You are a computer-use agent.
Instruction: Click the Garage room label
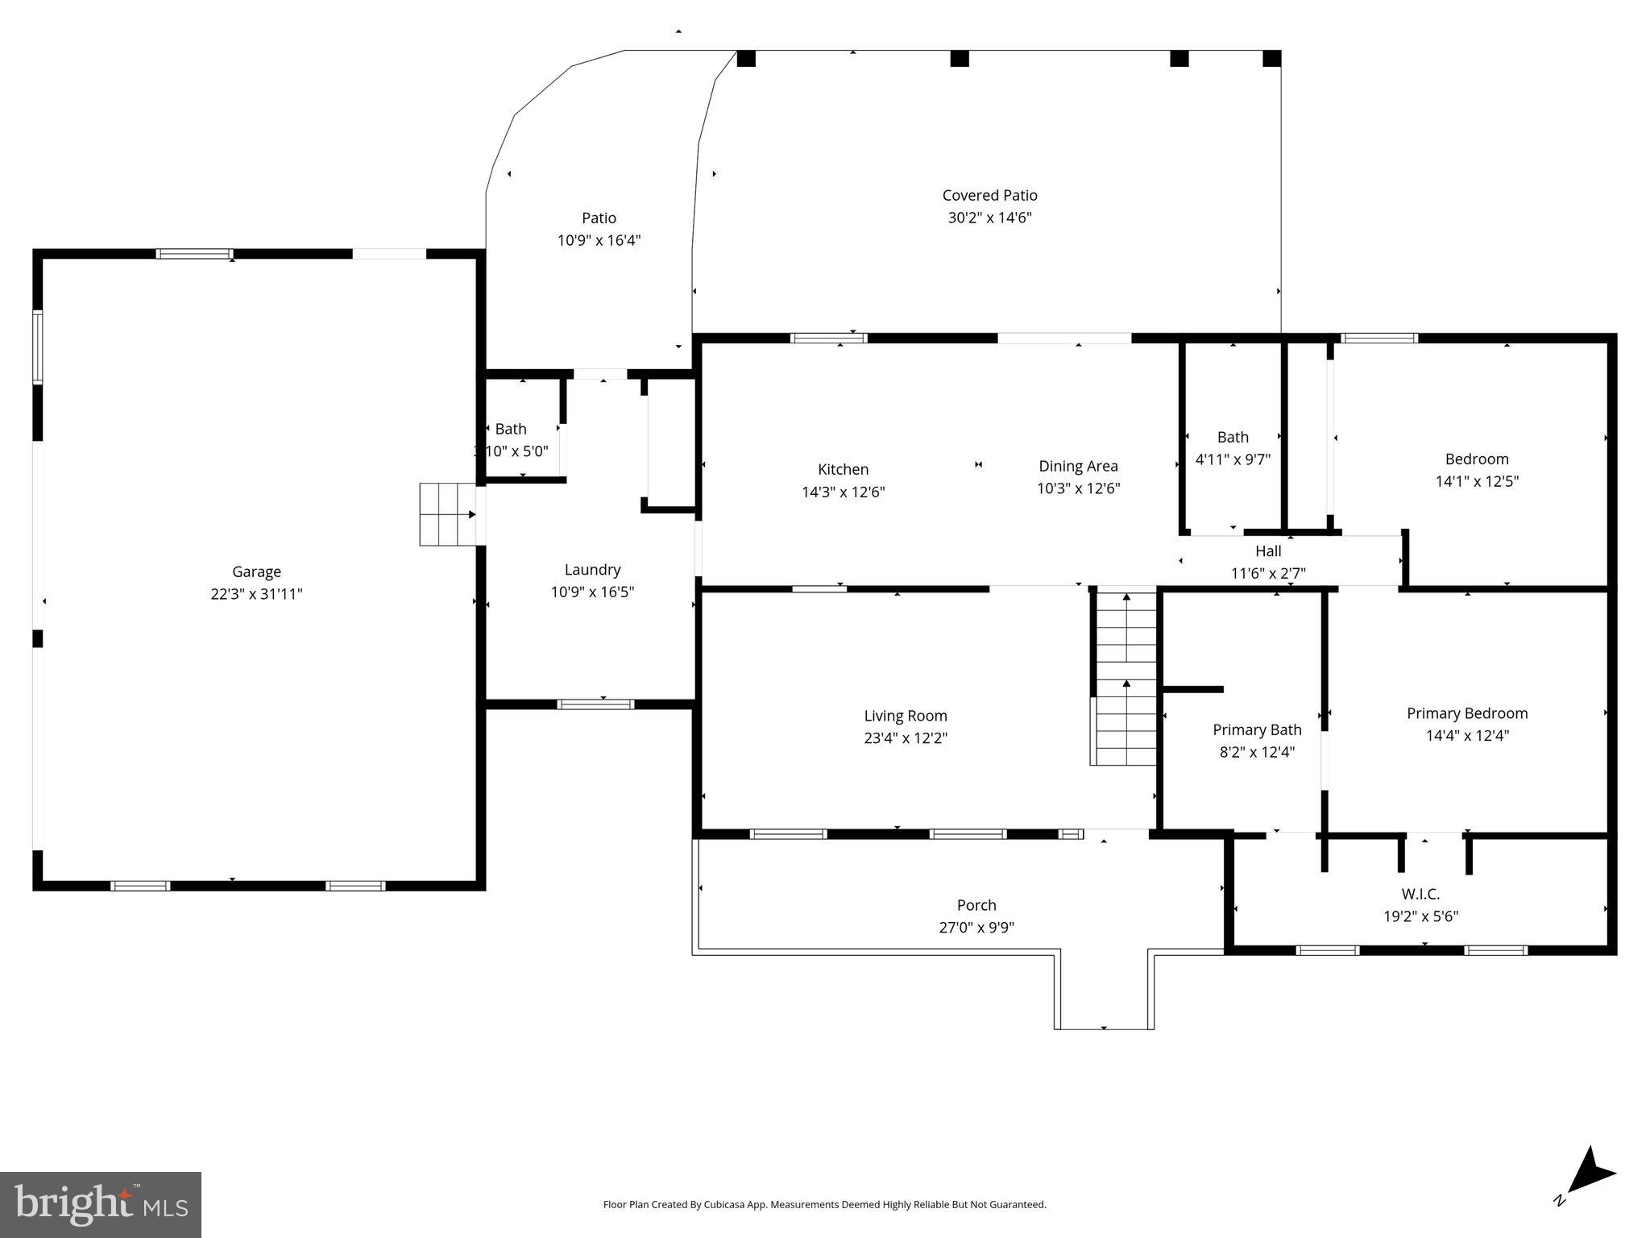256,571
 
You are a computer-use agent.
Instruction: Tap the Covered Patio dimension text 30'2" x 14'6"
989,218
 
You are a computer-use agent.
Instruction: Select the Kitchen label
843,469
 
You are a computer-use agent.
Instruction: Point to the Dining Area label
1078,466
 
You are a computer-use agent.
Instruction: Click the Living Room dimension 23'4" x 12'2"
906,737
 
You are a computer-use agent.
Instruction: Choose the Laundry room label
592,570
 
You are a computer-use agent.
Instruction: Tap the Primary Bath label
1257,729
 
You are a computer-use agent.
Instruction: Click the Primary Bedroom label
1467,713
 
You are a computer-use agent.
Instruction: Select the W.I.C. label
1420,894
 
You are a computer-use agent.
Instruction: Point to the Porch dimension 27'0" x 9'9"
976,927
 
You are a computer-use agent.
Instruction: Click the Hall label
1268,551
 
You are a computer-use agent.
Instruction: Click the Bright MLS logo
101,1204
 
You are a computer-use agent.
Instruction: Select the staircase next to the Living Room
1125,678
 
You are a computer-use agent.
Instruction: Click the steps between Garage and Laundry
448,514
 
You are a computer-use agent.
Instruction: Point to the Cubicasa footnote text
824,1205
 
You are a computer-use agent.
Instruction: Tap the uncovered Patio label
599,218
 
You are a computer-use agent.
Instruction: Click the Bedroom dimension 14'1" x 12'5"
1477,481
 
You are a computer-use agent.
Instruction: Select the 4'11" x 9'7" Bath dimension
1233,459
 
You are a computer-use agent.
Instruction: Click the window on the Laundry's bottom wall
596,704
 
